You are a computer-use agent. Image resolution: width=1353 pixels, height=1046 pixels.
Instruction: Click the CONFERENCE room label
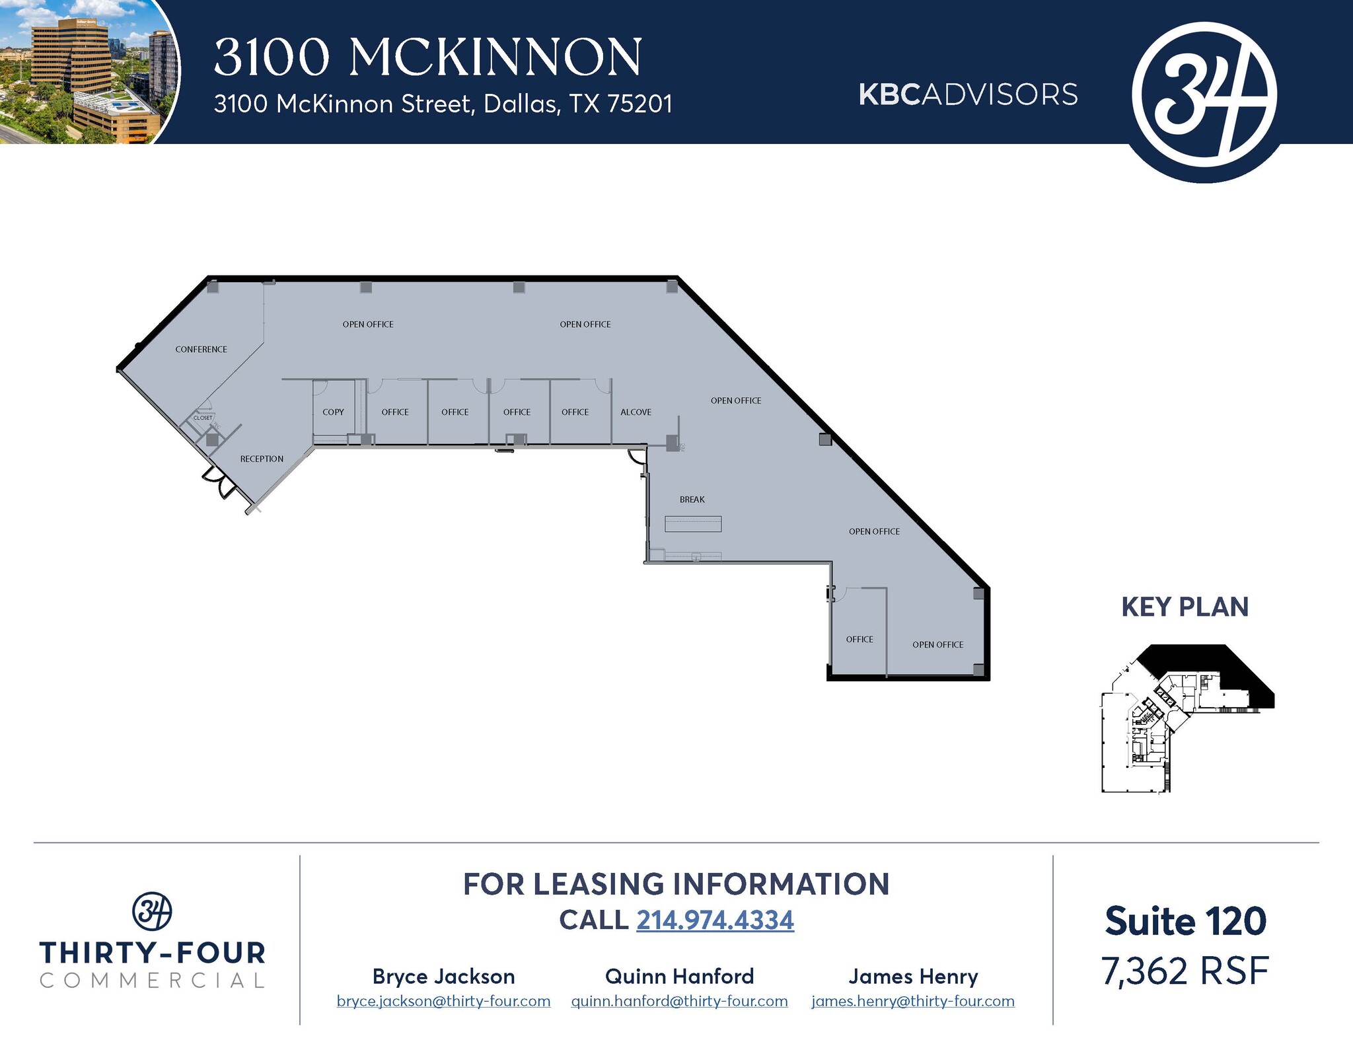point(201,350)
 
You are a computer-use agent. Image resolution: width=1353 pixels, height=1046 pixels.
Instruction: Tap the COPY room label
point(333,412)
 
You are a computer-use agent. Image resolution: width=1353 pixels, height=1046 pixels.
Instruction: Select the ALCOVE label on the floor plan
point(636,412)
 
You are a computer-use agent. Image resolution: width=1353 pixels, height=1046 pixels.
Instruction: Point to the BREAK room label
point(692,500)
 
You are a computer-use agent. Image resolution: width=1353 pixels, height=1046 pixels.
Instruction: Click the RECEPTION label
point(262,459)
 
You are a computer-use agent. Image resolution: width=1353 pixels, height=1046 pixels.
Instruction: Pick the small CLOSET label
point(203,418)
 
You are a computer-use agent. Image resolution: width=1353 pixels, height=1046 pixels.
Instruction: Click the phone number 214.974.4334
point(715,920)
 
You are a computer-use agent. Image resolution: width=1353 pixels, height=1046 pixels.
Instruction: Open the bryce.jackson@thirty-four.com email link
point(443,1001)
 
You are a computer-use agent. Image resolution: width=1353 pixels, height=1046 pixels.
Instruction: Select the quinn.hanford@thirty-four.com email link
point(679,1001)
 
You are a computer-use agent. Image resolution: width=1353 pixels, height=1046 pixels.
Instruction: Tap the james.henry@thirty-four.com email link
point(912,1001)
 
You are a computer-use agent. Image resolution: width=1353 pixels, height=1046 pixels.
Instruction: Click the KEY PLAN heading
point(1185,607)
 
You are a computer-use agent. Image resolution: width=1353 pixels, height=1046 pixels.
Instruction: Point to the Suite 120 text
point(1185,921)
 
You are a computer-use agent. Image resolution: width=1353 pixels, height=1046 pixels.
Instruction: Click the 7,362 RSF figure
point(1185,971)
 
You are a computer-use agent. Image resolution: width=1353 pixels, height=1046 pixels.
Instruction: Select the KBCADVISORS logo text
point(968,95)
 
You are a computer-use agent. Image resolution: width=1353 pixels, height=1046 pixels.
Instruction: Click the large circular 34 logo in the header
point(1204,95)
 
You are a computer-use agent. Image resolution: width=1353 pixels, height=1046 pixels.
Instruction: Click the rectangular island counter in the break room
point(692,524)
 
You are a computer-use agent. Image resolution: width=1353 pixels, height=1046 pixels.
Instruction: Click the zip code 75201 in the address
point(640,104)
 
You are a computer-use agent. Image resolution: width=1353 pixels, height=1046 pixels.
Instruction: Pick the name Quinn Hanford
point(679,977)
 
